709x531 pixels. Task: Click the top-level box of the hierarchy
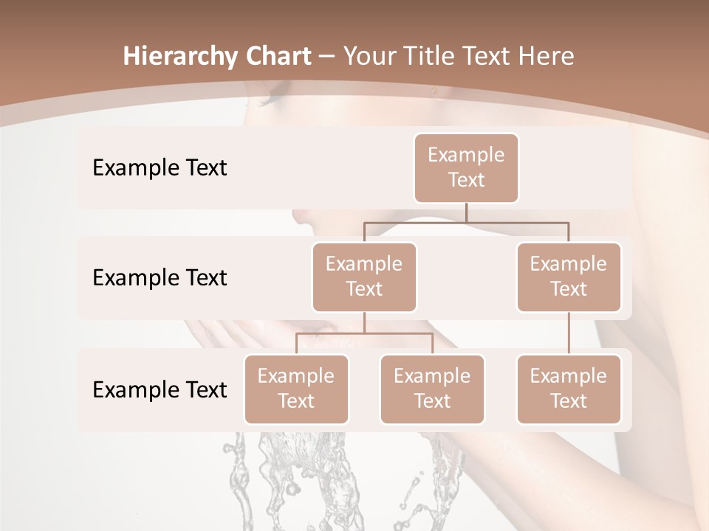pyautogui.click(x=466, y=167)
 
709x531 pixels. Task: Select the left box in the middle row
pyautogui.click(x=364, y=277)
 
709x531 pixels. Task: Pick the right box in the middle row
pyautogui.click(x=569, y=277)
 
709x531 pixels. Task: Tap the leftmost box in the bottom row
pyautogui.click(x=296, y=389)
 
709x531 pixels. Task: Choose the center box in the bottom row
pyautogui.click(x=432, y=389)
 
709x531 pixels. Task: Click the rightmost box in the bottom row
pyautogui.click(x=569, y=389)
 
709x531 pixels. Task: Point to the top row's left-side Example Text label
pyautogui.click(x=160, y=168)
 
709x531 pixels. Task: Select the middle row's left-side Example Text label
pyautogui.click(x=160, y=278)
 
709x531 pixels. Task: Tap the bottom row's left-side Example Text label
pyautogui.click(x=160, y=389)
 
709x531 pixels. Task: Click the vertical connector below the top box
pyautogui.click(x=466, y=212)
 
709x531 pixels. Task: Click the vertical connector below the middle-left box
pyautogui.click(x=364, y=322)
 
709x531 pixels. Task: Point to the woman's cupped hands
pyautogui.click(x=222, y=336)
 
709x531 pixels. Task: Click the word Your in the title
pyautogui.click(x=368, y=56)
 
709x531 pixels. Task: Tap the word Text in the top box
pyautogui.click(x=466, y=180)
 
